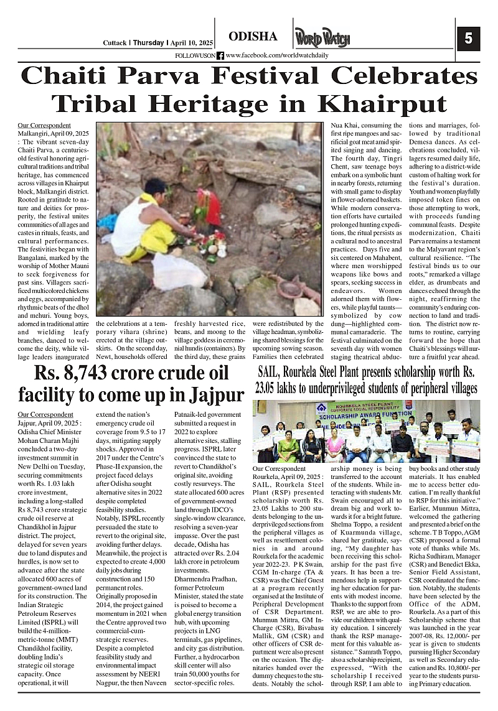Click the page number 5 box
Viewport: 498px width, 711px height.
(468, 39)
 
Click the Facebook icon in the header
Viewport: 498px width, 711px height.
(220, 55)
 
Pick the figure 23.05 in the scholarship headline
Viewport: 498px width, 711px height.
(271, 388)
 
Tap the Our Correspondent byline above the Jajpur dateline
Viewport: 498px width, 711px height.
(45, 414)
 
